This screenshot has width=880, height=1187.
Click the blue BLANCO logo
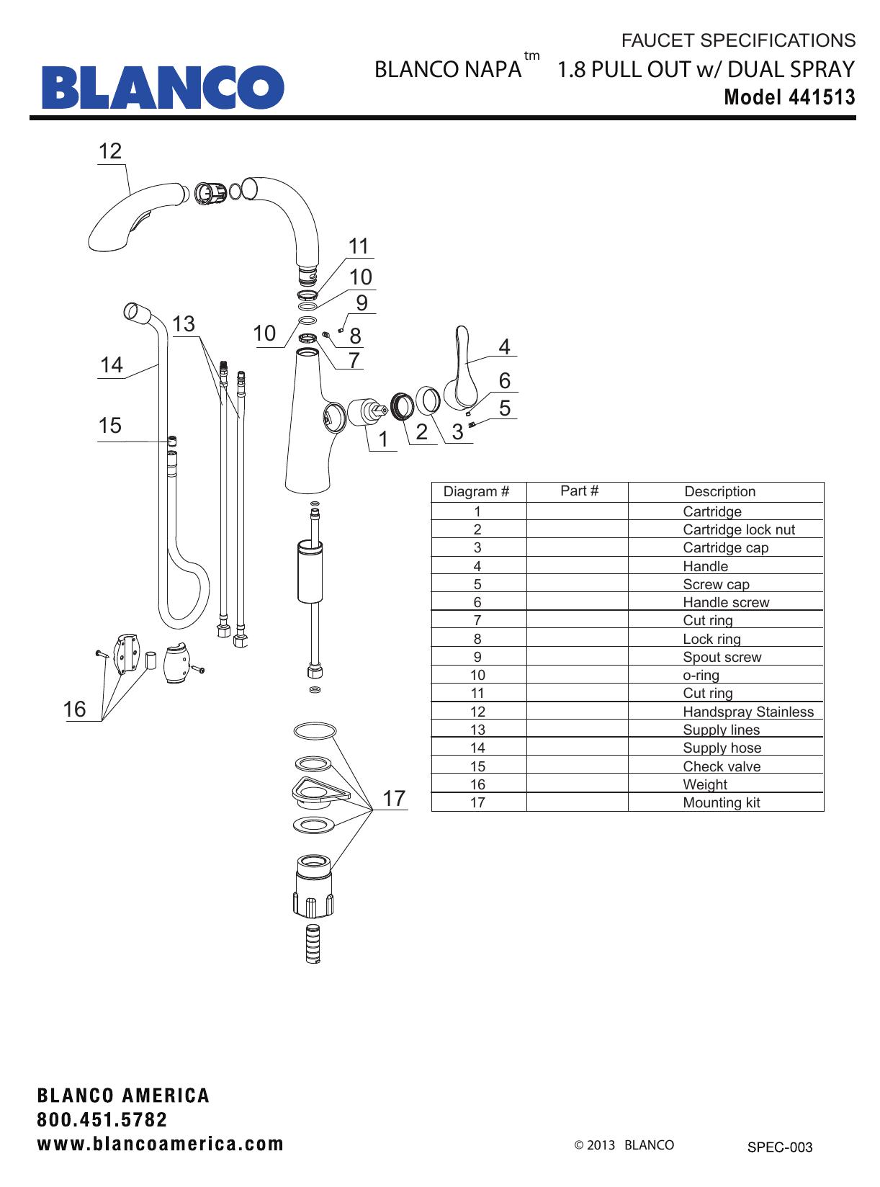tap(163, 86)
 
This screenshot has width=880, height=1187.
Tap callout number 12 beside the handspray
tap(110, 151)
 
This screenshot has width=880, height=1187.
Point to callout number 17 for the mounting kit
tap(394, 798)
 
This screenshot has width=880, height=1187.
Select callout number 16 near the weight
tap(74, 709)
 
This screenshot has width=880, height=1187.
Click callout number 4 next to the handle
tap(504, 347)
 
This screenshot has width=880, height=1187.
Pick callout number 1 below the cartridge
tap(383, 439)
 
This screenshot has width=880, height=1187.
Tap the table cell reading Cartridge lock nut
tap(739, 529)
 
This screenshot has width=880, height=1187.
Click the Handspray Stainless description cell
tap(748, 712)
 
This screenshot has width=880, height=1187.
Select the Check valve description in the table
tap(722, 766)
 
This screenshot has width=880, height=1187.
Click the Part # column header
tap(579, 491)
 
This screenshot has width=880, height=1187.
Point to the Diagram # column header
tap(476, 492)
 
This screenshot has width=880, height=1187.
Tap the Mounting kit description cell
tap(721, 802)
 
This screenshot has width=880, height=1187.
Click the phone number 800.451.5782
tap(102, 1120)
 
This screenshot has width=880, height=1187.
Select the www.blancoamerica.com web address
tap(161, 1144)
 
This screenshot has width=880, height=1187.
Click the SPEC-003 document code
tap(779, 1147)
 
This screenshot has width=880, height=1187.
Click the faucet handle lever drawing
tap(461, 367)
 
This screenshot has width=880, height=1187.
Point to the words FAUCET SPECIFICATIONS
tap(738, 40)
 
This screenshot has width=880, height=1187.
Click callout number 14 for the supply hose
tap(111, 365)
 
